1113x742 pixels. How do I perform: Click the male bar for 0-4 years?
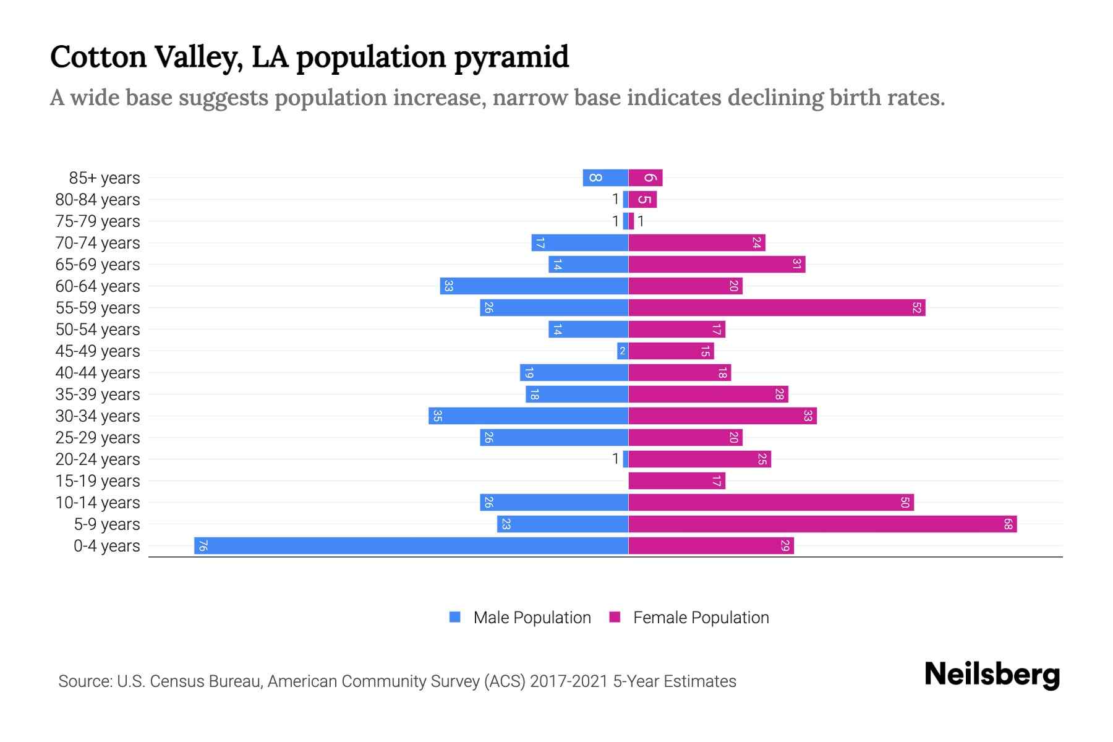(x=411, y=545)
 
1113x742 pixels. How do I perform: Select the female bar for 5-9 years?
(x=822, y=524)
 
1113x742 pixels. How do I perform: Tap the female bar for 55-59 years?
(x=777, y=307)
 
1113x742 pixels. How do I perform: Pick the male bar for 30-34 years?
(x=529, y=416)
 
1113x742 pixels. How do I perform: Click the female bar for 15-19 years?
(x=676, y=480)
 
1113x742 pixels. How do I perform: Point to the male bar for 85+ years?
(x=605, y=177)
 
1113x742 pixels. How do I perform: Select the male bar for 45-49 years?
(x=623, y=351)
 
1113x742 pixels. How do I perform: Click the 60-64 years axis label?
(x=98, y=286)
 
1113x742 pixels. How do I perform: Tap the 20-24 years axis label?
(x=98, y=459)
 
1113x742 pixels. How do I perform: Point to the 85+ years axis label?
(x=104, y=178)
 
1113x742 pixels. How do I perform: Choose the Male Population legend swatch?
(x=455, y=617)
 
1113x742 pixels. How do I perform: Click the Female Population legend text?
(x=701, y=618)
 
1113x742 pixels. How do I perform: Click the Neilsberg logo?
(x=992, y=674)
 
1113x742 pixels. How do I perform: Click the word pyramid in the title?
(x=511, y=57)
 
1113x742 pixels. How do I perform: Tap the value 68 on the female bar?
(x=1008, y=524)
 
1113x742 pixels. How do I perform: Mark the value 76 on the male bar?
(x=203, y=545)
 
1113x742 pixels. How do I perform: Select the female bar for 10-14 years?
(x=771, y=502)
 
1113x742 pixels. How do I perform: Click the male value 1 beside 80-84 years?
(x=615, y=199)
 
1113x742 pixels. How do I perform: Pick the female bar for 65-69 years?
(x=717, y=264)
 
